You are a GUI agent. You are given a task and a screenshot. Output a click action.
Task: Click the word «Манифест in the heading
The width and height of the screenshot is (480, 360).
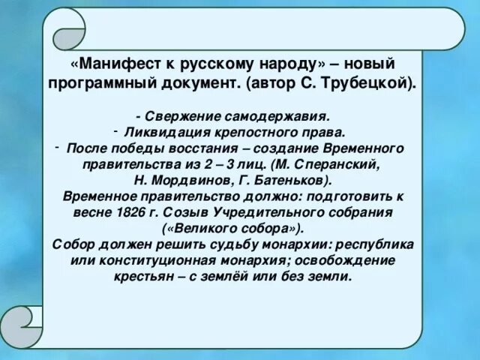click(x=109, y=64)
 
